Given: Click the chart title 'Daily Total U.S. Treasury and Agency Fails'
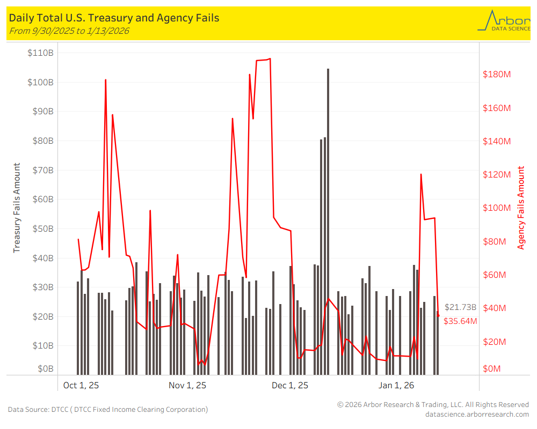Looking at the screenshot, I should click(114, 18).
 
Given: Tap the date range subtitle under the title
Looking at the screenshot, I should click(69, 31).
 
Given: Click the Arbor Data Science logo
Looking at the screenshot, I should click(503, 21).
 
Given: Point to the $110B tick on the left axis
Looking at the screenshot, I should click(40, 53).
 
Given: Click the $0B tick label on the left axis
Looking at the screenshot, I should click(44, 369).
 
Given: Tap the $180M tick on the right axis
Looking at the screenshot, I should click(497, 74).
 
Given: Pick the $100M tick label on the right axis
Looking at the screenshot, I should click(497, 208).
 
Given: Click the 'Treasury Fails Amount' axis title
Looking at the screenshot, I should click(17, 208).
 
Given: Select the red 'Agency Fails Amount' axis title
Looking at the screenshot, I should click(521, 208).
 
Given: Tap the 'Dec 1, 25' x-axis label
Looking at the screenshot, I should click(290, 385).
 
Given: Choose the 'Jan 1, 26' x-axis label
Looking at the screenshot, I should click(396, 385).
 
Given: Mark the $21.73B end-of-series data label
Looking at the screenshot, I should click(460, 307).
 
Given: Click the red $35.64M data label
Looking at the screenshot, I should click(460, 321).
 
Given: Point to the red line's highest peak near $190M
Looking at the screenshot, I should click(270, 58).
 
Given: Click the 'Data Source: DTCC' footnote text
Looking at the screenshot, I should click(107, 410).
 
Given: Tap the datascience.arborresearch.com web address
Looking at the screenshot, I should click(476, 414).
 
